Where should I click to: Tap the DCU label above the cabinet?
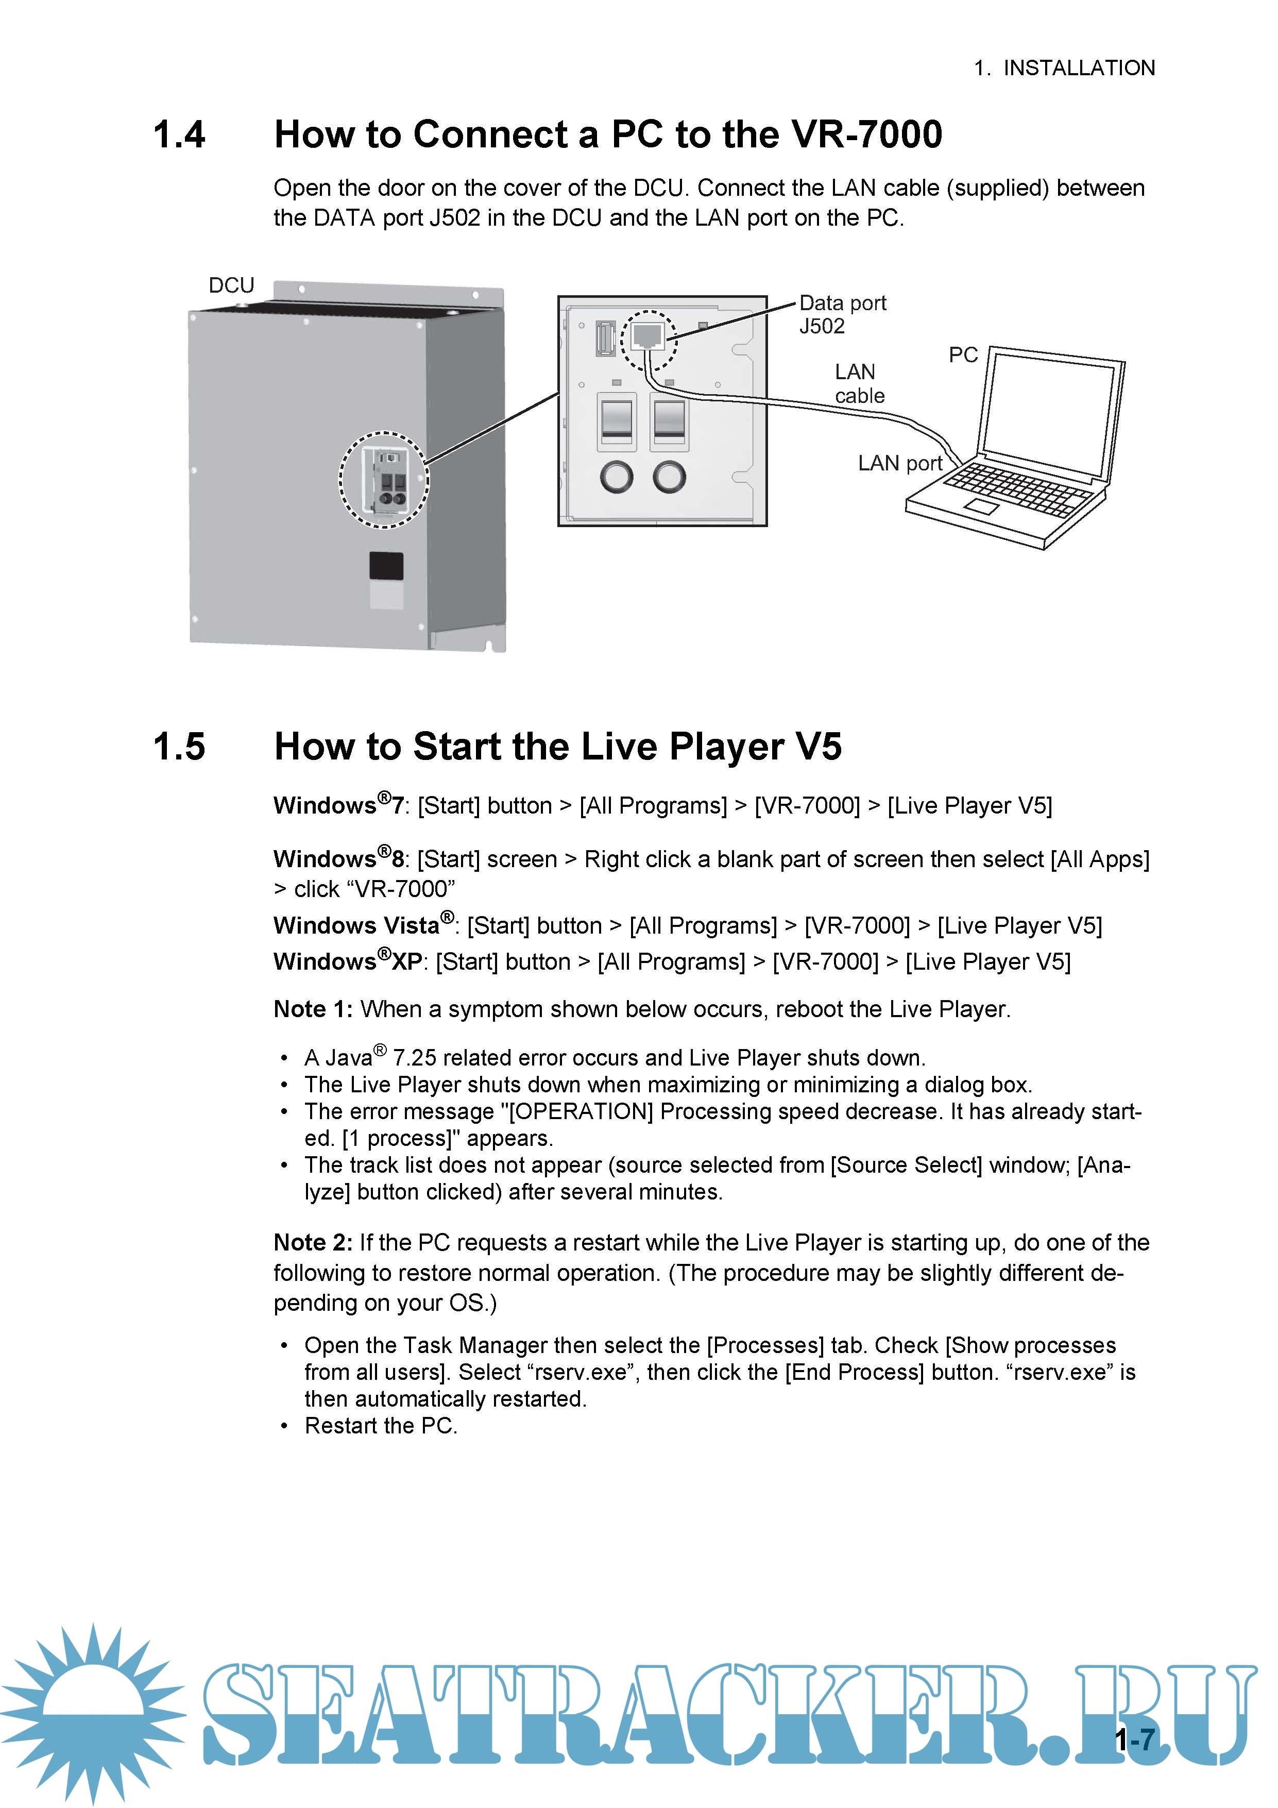[x=231, y=285]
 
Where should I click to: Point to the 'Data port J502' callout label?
[x=842, y=314]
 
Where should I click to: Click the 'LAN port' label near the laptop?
[x=899, y=463]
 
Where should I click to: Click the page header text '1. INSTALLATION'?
[x=1064, y=69]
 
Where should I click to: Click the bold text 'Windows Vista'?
[x=356, y=925]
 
